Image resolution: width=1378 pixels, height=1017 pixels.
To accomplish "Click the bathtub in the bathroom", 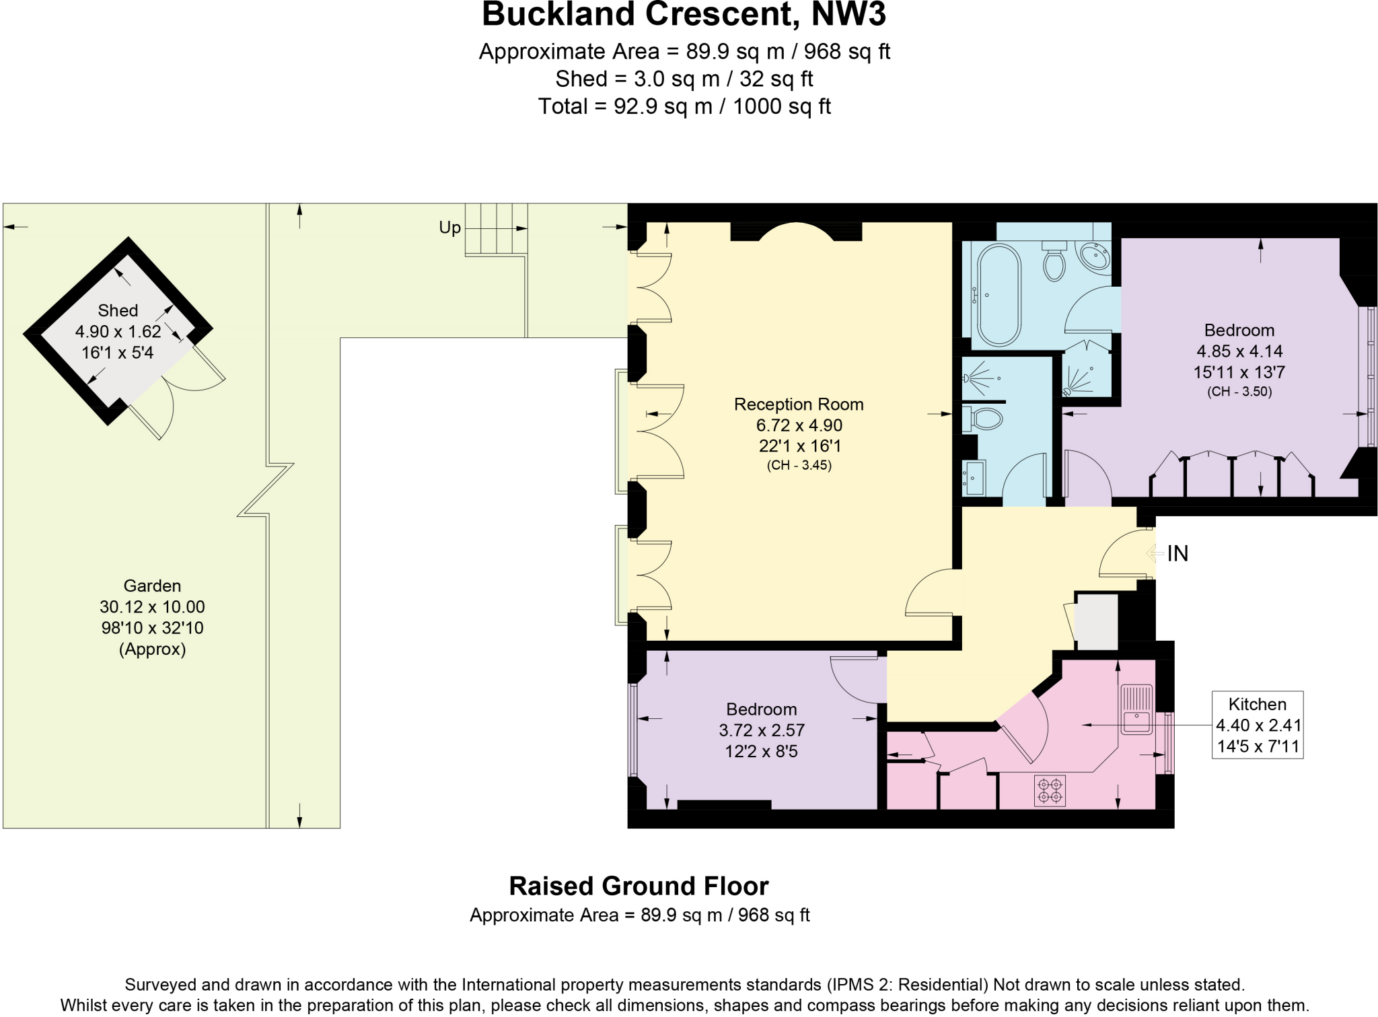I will coord(999,295).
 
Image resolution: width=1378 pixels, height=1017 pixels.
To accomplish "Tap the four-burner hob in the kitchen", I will coord(1050,790).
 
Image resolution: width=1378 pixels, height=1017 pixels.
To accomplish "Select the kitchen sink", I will coord(1136,709).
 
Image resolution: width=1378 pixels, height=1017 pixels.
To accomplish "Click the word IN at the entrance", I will coord(1177,553).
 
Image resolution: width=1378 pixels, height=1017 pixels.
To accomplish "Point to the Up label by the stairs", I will coord(449,227).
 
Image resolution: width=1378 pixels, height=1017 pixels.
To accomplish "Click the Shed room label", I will coord(118,310).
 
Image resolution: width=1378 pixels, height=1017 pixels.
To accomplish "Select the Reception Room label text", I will coord(799,404).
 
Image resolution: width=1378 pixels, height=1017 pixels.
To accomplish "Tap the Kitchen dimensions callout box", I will coord(1257,725).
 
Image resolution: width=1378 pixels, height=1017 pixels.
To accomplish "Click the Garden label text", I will coord(152,586).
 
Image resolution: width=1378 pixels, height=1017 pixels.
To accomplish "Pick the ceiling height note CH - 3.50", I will coord(1239,392).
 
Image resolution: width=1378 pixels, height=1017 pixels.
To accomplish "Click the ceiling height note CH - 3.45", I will coord(799,465).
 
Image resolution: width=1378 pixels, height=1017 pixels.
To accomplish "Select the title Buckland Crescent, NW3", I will coord(684,15).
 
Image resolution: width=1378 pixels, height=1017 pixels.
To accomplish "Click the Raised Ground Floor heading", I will coord(639,886).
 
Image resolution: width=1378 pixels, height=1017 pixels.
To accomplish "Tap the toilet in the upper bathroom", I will coord(1054,262).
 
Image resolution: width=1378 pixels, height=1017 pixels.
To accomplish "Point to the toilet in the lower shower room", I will coord(984,419).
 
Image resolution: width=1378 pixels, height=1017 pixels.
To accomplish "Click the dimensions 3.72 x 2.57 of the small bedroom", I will coord(761,730).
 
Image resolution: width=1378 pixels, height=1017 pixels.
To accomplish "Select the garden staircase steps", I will coord(496,229).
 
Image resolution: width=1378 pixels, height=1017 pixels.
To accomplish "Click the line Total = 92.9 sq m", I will coord(684,106).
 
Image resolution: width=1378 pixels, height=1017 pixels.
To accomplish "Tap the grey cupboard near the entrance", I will coord(1097,621).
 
